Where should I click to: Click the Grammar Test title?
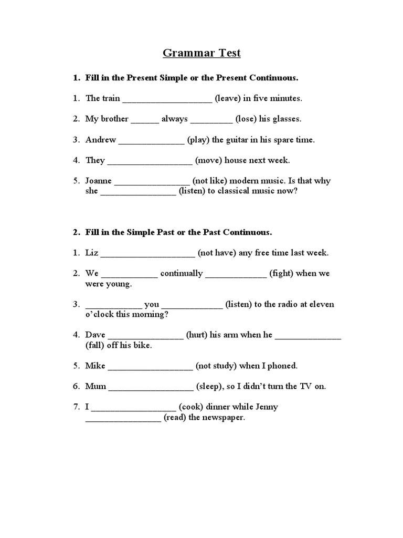[x=201, y=53]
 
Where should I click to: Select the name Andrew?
[x=101, y=140]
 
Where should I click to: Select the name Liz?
[x=91, y=253]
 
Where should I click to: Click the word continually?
[x=182, y=273]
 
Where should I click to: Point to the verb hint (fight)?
[x=284, y=273]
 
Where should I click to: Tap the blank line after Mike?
[x=151, y=368]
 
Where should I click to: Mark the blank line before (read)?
[x=123, y=420]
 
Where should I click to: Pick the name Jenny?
[x=266, y=407]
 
